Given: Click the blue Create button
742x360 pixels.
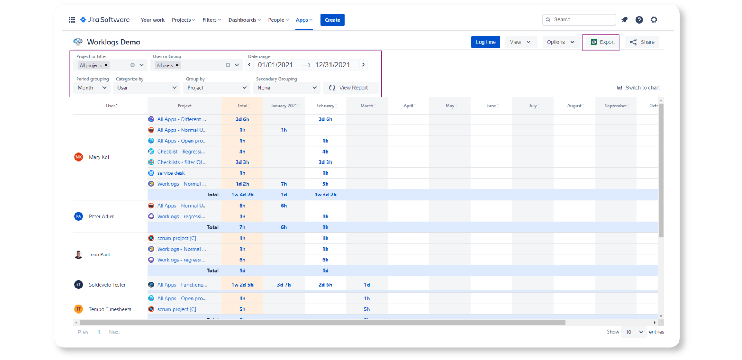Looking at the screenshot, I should (332, 20).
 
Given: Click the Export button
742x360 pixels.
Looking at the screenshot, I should (603, 42).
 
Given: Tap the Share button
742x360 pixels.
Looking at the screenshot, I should (642, 42).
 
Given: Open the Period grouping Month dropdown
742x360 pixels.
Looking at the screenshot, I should (92, 88).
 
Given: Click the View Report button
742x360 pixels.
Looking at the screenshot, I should (348, 88).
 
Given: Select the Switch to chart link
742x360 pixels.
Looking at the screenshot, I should (638, 88).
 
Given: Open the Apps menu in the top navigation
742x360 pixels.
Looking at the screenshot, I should (304, 20).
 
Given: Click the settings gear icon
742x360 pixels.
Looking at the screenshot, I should (654, 20).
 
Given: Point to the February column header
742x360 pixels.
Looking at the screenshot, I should (325, 106).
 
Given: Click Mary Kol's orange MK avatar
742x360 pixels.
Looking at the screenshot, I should (78, 157).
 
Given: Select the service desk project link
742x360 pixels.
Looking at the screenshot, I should (171, 173).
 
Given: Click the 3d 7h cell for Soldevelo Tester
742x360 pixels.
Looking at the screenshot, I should (284, 285).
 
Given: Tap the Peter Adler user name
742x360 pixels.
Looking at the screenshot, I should (101, 217).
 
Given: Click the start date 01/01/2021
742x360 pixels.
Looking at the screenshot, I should (275, 65).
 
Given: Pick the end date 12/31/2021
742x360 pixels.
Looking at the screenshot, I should (332, 65).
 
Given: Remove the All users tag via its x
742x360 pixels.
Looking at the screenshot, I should (177, 65).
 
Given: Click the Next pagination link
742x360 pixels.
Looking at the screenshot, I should (114, 332).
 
